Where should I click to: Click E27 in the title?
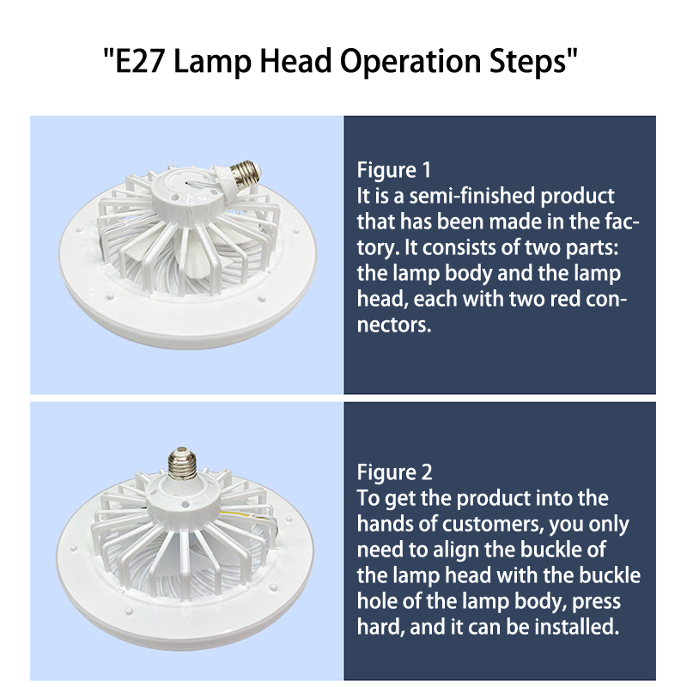pyautogui.click(x=139, y=61)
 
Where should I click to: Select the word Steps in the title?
pyautogui.click(x=528, y=62)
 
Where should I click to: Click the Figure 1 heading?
pyautogui.click(x=394, y=170)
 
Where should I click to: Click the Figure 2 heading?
pyautogui.click(x=394, y=472)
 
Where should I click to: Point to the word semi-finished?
pyautogui.click(x=471, y=196)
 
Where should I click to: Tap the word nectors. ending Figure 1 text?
pyautogui.click(x=394, y=325)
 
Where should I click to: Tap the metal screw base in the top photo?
pyautogui.click(x=244, y=172)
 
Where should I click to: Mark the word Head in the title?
pyautogui.click(x=295, y=61)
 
